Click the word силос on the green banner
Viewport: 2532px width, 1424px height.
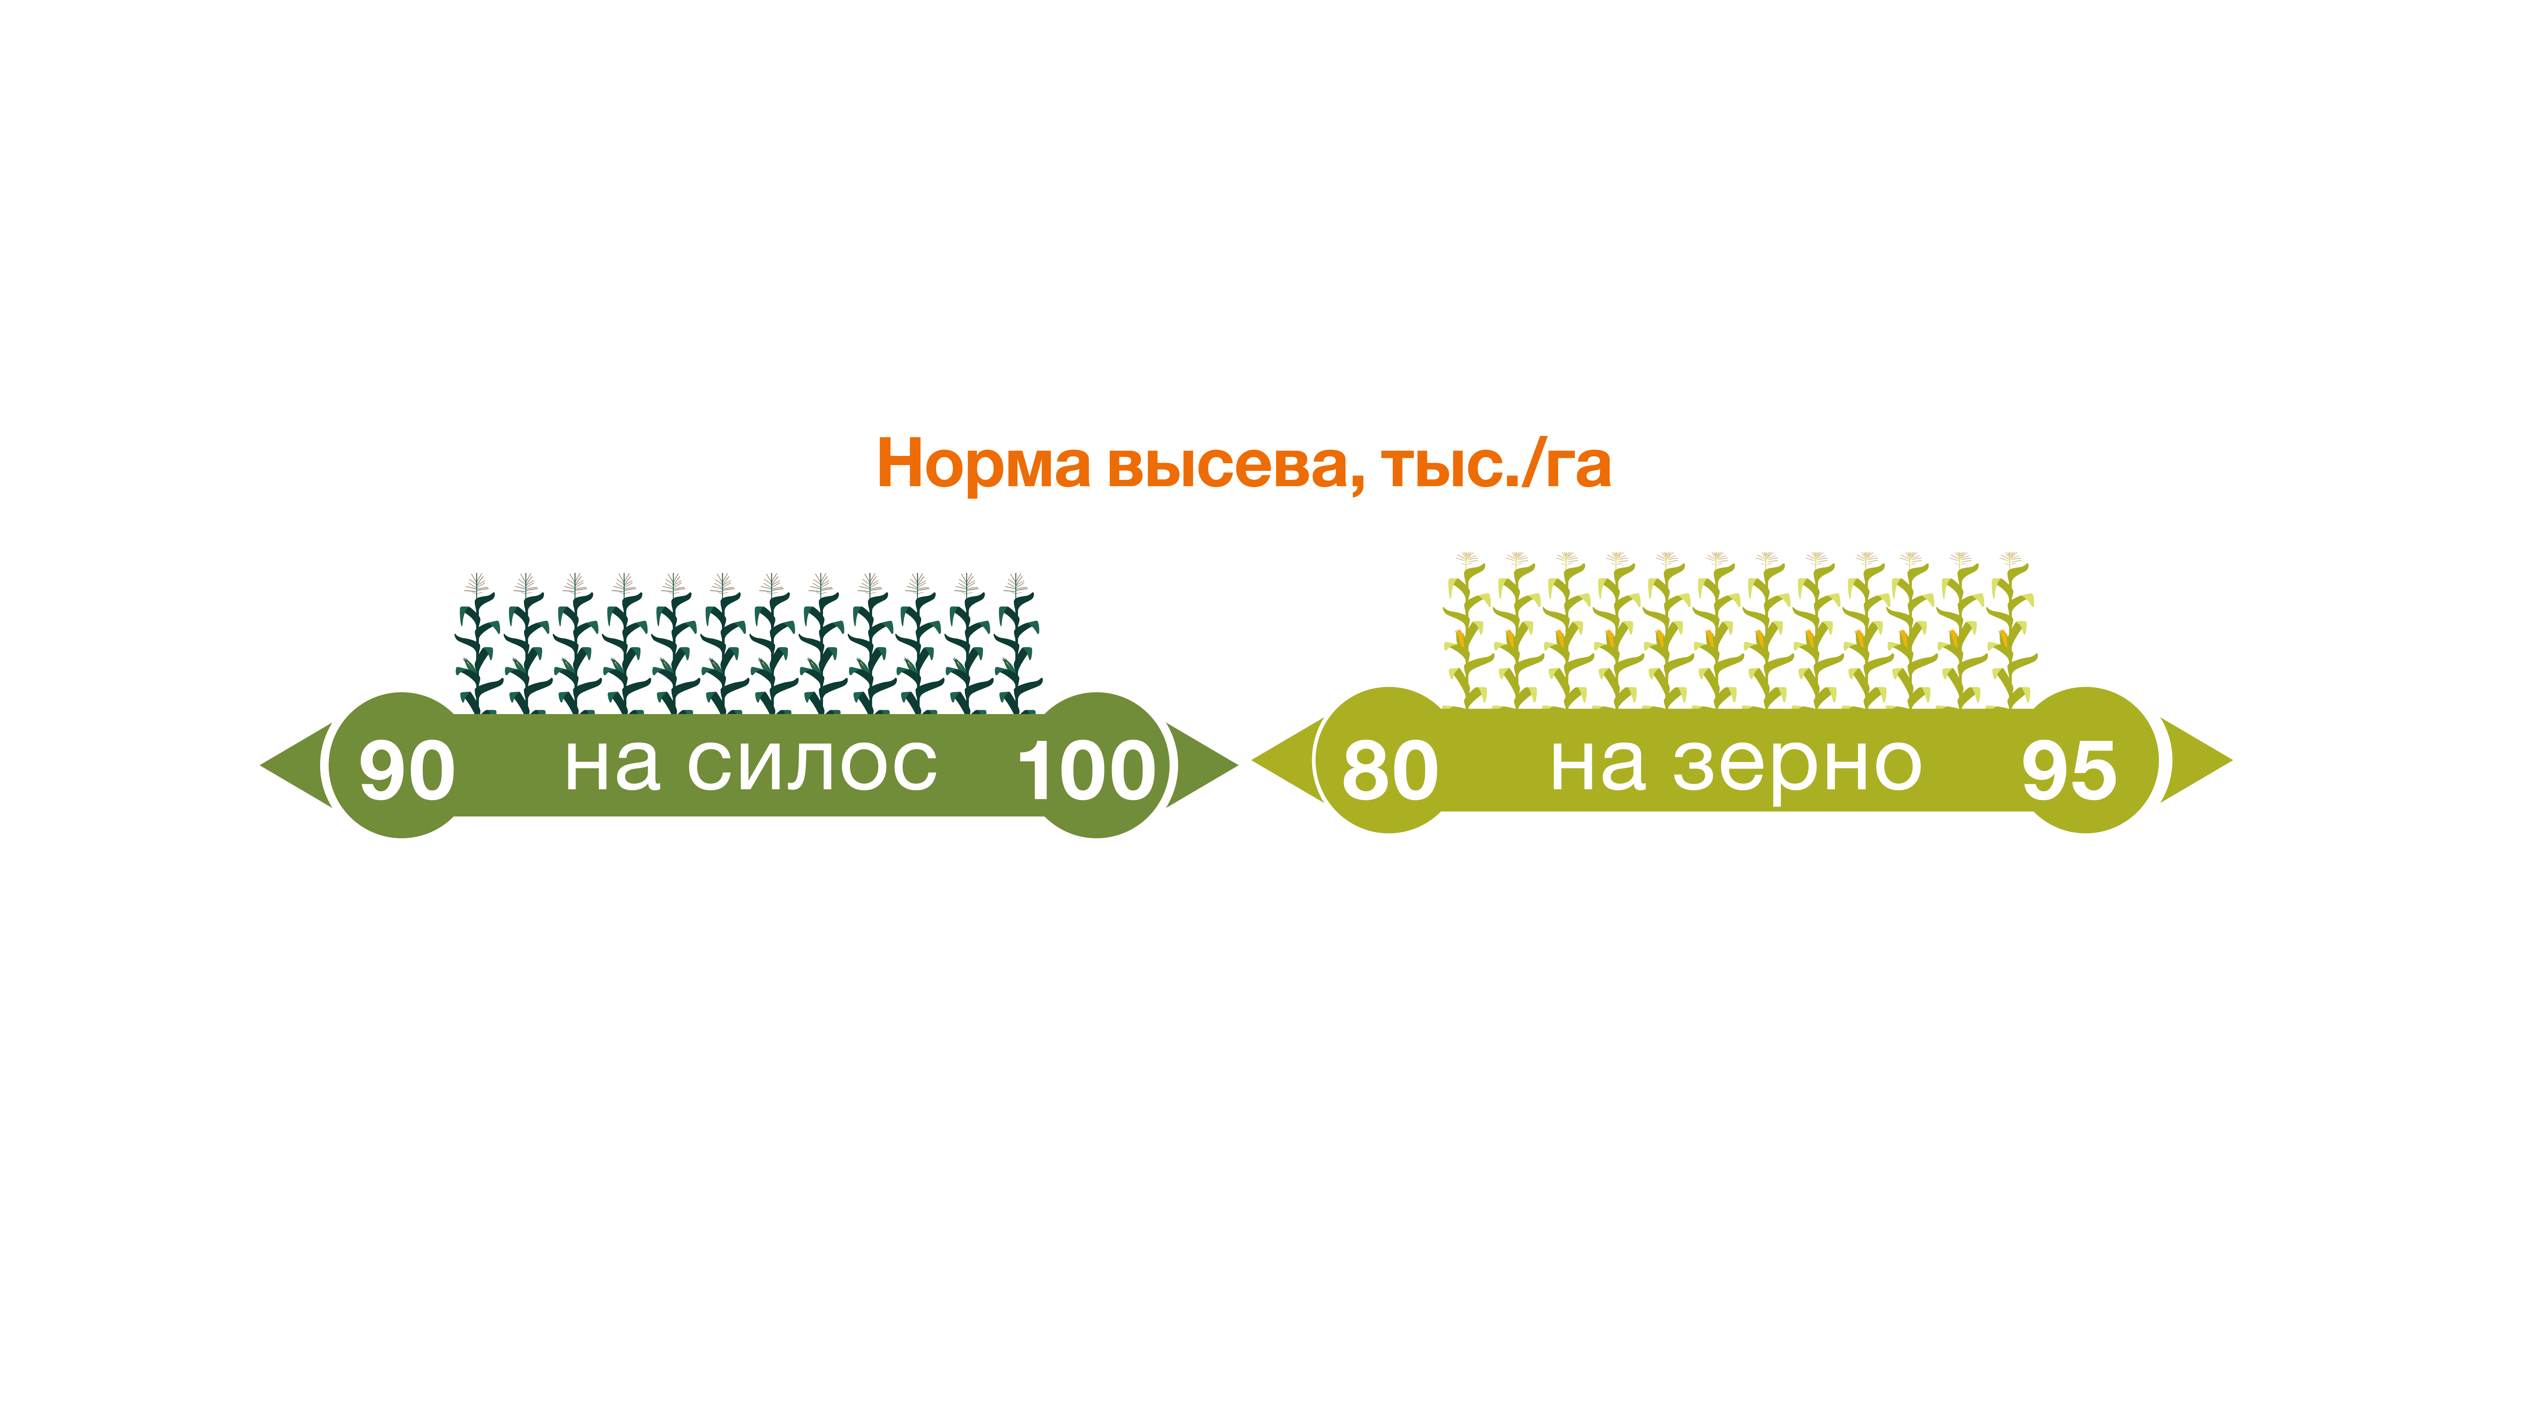coord(812,765)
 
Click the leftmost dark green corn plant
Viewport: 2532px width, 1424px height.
coord(477,644)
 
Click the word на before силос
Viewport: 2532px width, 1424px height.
coord(611,765)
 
